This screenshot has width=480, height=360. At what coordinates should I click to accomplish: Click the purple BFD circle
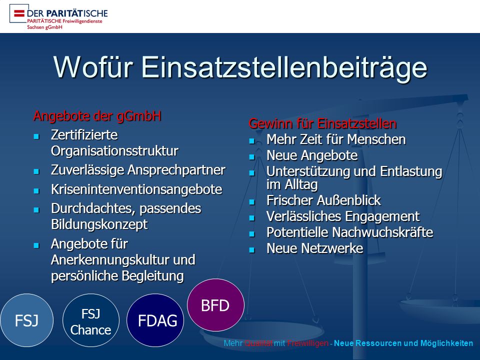click(x=215, y=305)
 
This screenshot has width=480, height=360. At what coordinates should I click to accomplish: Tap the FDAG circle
click(x=155, y=320)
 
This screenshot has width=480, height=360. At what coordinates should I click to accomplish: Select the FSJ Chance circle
click(x=91, y=320)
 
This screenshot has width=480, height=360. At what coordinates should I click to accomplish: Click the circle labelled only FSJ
click(x=26, y=320)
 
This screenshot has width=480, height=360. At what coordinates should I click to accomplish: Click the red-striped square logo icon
click(x=19, y=13)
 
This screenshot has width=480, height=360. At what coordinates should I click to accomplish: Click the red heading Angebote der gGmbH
click(x=97, y=116)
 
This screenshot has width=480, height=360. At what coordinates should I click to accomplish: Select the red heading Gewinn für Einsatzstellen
click(x=322, y=123)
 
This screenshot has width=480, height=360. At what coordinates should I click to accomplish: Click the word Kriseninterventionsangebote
click(x=136, y=189)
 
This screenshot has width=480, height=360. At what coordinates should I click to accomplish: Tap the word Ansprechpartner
click(x=176, y=170)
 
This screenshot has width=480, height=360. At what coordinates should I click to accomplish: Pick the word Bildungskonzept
click(x=99, y=224)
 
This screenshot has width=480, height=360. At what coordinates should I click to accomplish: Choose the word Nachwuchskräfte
click(x=382, y=232)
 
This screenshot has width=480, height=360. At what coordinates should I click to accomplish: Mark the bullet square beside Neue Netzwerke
click(x=252, y=250)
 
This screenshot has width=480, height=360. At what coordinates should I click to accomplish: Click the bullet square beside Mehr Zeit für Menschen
click(x=252, y=141)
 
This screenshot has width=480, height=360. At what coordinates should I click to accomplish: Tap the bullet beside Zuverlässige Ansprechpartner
click(x=36, y=171)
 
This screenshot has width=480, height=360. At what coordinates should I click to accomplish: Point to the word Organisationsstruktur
click(x=114, y=151)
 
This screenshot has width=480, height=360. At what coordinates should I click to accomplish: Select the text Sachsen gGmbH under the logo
click(x=44, y=27)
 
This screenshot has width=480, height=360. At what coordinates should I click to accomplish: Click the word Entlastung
click(x=411, y=171)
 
